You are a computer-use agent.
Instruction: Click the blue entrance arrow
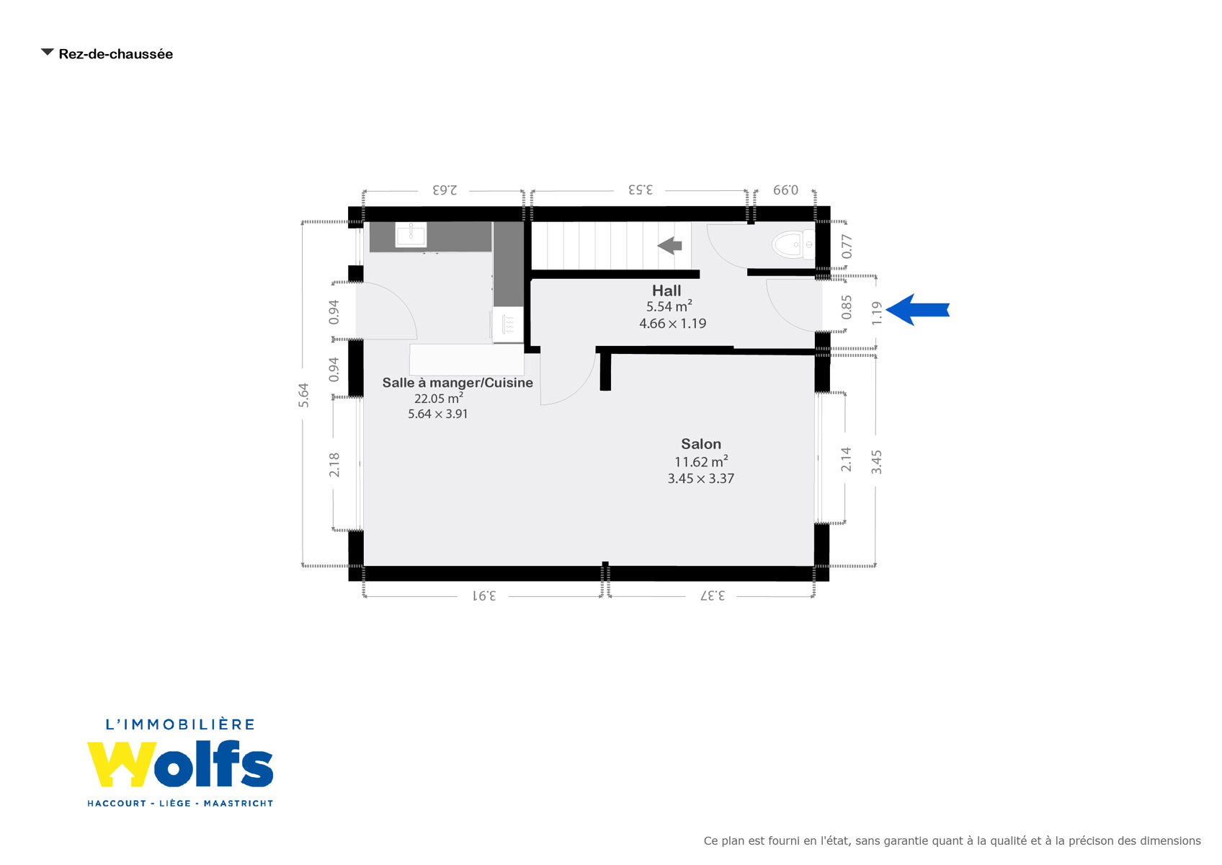918,309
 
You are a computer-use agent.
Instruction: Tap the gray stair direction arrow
670,246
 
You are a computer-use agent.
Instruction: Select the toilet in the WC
793,244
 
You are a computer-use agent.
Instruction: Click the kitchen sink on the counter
411,235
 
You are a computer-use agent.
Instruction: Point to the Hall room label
666,290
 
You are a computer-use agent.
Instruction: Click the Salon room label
701,444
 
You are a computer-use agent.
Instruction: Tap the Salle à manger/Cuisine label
458,383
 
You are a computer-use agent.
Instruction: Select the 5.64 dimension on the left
303,395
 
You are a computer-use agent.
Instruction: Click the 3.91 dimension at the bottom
484,595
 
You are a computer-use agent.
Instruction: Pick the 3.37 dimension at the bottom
713,595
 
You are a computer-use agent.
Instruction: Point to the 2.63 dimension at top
445,190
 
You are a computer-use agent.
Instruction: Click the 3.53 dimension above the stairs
640,190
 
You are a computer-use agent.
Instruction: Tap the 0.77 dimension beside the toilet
846,246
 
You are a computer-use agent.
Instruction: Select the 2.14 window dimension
846,459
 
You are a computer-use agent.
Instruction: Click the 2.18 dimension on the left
334,464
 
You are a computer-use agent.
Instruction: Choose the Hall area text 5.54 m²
669,306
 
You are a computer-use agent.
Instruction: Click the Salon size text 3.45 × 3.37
701,479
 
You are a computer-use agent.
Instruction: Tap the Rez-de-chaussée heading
116,54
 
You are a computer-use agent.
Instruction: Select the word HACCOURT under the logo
117,803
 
